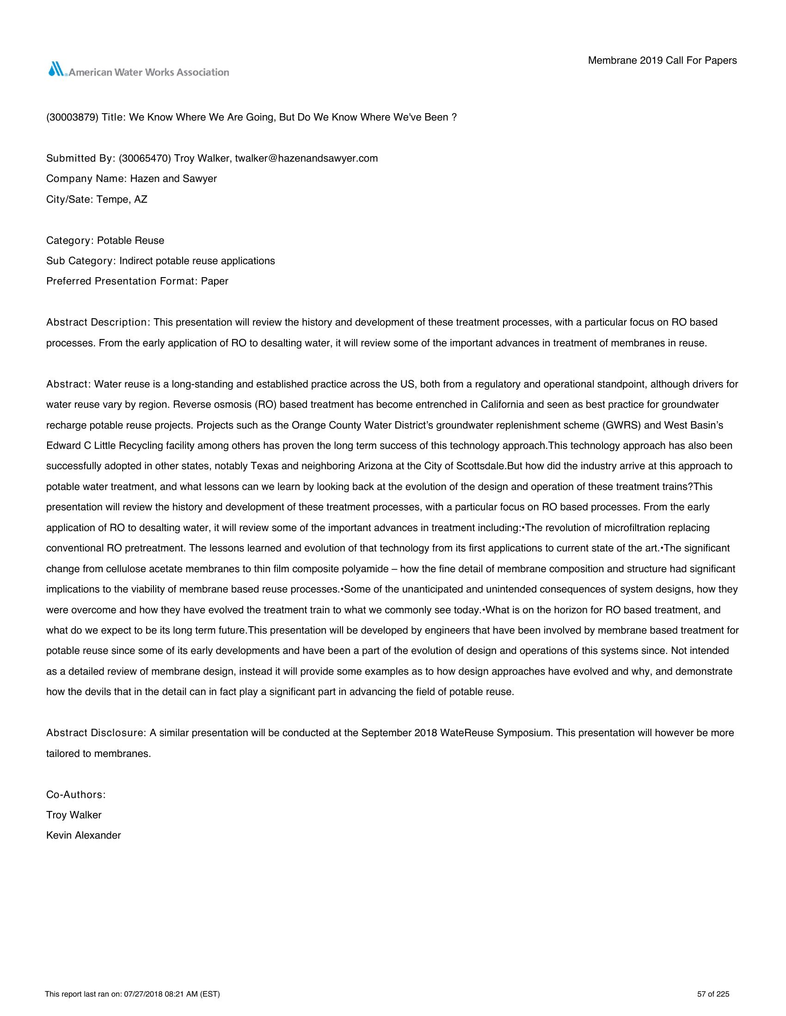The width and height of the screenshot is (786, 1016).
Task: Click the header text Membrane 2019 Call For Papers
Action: click(x=662, y=60)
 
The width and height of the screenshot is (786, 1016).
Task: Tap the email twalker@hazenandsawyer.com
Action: click(x=306, y=158)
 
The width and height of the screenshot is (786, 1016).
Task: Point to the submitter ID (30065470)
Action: click(x=145, y=158)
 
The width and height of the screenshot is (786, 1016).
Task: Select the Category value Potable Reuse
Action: click(x=130, y=241)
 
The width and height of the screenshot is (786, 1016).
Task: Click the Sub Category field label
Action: click(x=80, y=261)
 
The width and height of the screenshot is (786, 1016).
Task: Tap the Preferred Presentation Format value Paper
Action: click(x=214, y=281)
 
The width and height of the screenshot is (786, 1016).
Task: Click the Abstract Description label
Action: click(x=97, y=322)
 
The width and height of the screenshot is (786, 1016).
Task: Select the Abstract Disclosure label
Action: click(x=96, y=733)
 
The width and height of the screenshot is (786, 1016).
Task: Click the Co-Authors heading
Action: click(x=76, y=795)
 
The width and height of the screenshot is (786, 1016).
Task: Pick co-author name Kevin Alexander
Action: click(x=83, y=835)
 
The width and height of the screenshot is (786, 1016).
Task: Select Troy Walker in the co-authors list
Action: click(x=74, y=815)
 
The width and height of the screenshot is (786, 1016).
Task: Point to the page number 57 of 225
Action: click(x=713, y=995)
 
